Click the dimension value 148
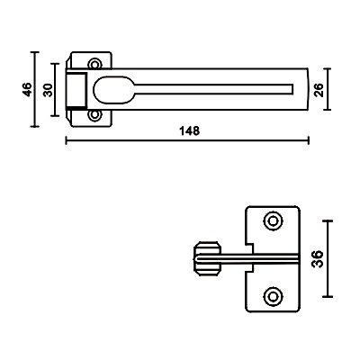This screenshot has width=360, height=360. click(189, 130)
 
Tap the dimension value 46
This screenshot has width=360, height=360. click(27, 89)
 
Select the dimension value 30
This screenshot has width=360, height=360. click(48, 90)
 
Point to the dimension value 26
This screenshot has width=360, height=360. click(319, 90)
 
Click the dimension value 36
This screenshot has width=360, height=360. click(318, 259)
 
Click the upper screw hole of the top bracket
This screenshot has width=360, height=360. click(94, 64)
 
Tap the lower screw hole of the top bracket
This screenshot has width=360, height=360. click(94, 115)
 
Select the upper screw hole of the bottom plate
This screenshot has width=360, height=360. click(273, 221)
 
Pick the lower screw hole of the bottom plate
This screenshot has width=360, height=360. click(273, 296)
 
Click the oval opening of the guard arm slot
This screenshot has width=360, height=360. click(113, 90)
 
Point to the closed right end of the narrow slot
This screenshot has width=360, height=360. click(292, 89)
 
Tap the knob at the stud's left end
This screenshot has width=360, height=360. click(208, 258)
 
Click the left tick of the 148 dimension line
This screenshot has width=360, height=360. click(67, 140)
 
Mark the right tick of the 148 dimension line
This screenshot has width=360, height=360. click(309, 140)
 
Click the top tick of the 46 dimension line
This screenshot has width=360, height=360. click(35, 52)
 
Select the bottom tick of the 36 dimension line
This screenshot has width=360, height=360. click(328, 297)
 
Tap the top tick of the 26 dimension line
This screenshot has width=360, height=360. click(328, 69)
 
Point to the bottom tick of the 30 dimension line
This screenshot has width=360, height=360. click(55, 115)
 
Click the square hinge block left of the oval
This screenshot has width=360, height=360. click(76, 90)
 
